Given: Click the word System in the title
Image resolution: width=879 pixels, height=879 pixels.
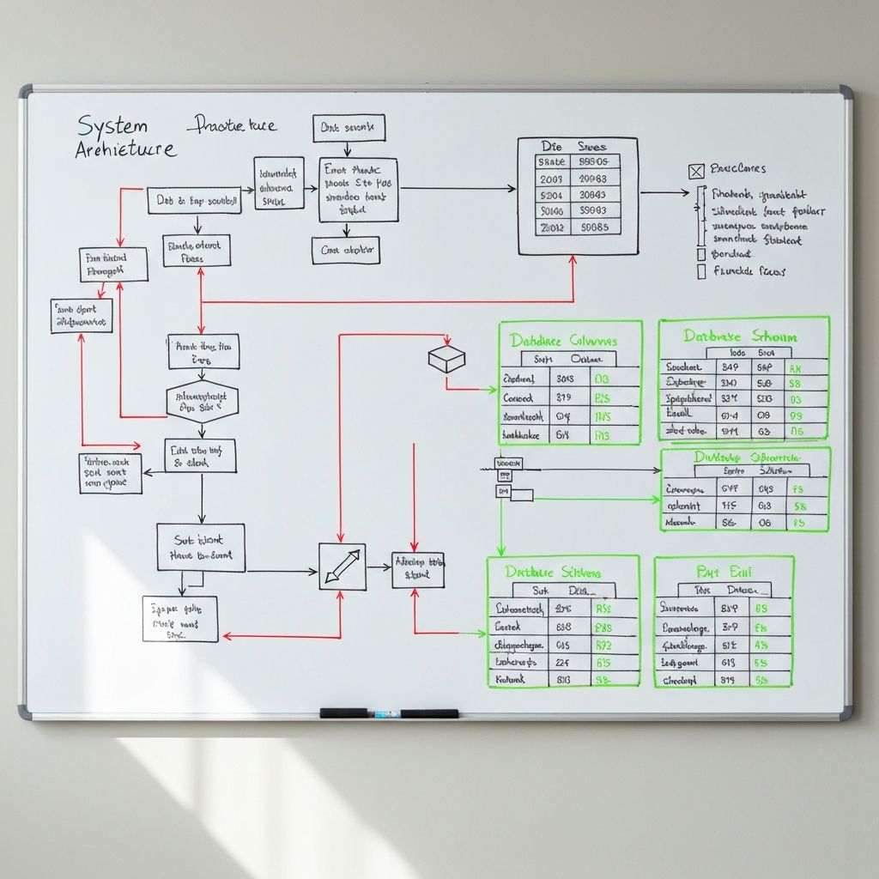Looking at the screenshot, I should pos(112,125).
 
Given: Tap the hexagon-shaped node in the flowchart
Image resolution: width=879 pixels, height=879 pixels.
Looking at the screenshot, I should pos(202,402).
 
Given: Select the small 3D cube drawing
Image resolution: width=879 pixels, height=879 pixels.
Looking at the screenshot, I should pos(446,358).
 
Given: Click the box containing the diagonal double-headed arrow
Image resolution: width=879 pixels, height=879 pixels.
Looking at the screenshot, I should pos(342,567).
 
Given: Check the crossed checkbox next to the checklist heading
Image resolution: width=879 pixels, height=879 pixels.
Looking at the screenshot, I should pos(696,171).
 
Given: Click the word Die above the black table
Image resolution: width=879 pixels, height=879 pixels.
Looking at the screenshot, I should pos(551,147).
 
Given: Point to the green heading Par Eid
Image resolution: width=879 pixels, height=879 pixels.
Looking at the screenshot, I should pos(723,571).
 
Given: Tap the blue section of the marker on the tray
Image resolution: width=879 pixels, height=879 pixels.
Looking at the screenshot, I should pos(384,713).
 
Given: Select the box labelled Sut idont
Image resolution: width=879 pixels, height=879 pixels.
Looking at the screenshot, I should pos(201,548).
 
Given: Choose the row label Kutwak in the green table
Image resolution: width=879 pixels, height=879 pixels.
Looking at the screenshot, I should pos(512,679).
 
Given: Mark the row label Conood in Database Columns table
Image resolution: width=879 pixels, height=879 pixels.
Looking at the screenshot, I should pos(518,397).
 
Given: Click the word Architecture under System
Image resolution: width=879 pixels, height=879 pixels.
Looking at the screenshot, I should pos(125,149).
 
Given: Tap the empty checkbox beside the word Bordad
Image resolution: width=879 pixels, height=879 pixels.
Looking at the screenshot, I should pos(701,254).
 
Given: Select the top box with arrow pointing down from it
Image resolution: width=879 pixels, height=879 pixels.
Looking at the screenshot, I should pos(349,128).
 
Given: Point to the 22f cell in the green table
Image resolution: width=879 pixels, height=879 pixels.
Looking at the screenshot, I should pos(562,662).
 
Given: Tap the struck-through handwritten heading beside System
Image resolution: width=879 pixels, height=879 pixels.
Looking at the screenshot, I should pos(232,126).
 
